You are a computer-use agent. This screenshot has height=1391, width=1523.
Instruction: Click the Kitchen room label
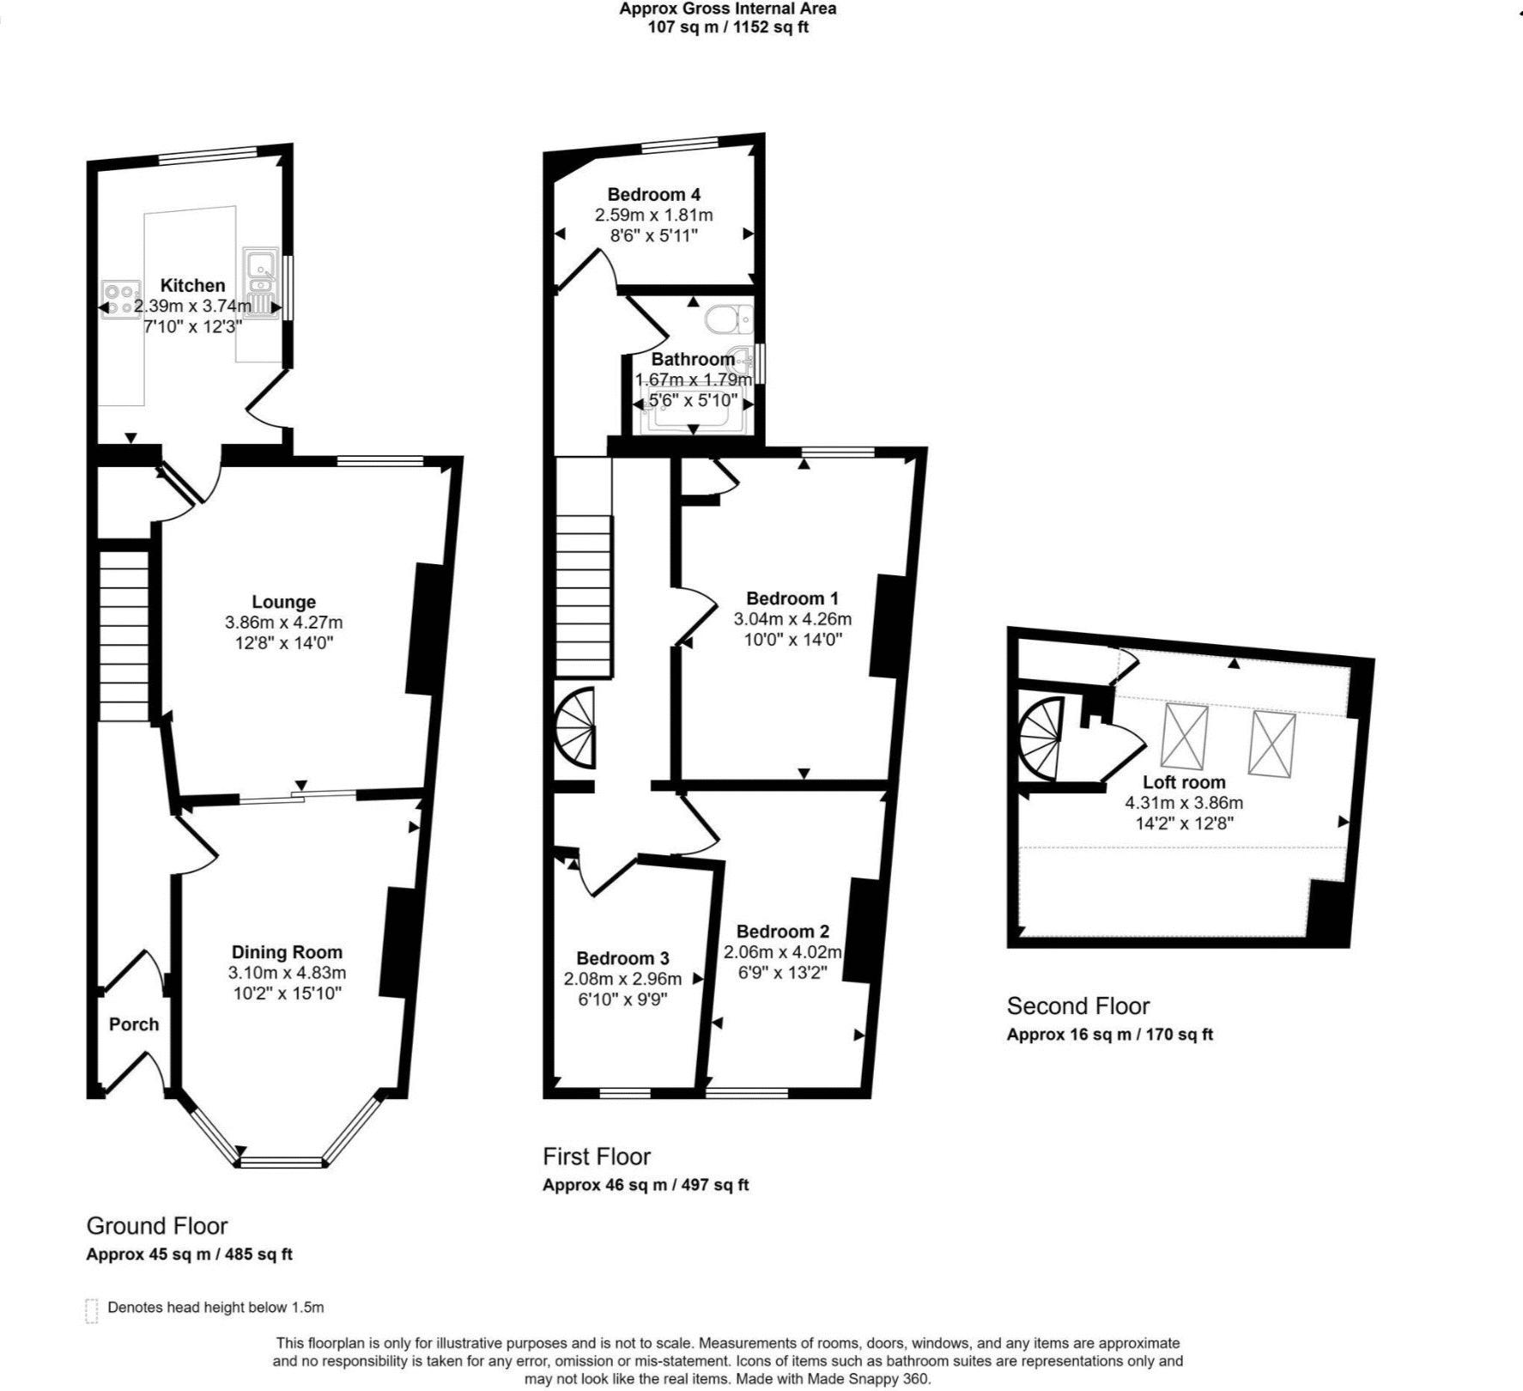[x=193, y=285]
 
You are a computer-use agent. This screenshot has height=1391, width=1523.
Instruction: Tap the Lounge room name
[x=283, y=602]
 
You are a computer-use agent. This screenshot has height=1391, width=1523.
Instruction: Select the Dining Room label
[x=287, y=951]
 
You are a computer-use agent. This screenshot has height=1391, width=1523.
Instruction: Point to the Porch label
[x=134, y=1024]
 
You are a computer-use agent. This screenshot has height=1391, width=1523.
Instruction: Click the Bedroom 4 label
[x=654, y=194]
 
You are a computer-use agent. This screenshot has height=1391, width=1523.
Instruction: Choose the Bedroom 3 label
[x=622, y=958]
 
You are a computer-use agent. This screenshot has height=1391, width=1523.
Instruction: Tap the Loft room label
[x=1184, y=782]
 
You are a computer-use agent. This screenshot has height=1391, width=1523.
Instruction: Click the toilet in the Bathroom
[x=730, y=320]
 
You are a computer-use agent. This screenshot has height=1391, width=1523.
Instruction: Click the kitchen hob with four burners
[x=121, y=300]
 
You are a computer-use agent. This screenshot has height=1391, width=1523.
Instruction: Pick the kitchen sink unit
[x=260, y=283]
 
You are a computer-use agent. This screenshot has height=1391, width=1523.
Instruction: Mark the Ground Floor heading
[x=157, y=1226]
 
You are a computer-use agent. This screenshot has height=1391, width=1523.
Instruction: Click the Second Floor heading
[x=1078, y=1005]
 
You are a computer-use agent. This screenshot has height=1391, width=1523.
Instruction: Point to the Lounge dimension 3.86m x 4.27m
[x=283, y=623]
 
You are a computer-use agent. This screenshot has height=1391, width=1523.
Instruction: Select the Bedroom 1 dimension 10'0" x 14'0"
[x=793, y=640]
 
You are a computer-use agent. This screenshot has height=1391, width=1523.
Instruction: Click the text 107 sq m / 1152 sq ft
[x=728, y=27]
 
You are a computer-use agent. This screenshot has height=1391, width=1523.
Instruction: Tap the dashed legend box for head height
[x=92, y=1311]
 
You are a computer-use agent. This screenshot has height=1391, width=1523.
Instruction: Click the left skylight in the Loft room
[x=1185, y=736]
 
